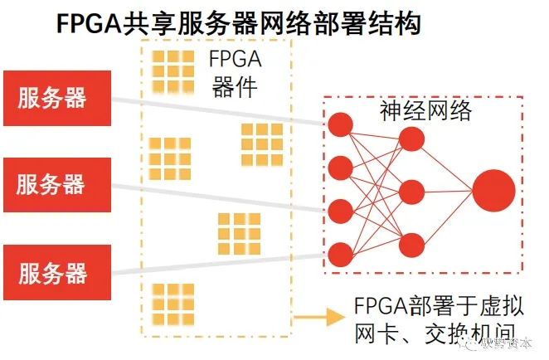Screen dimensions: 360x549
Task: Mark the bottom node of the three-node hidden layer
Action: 412,244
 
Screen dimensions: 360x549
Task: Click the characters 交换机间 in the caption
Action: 452,335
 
